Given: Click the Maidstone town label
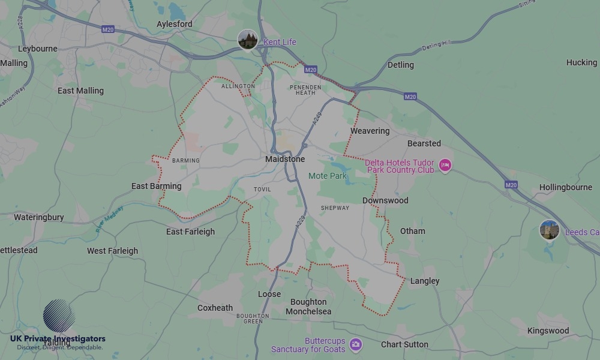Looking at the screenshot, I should [285, 159].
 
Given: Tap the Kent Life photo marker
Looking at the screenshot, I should [248, 40].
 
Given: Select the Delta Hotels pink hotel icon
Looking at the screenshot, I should [445, 165].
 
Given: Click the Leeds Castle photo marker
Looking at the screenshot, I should [549, 230].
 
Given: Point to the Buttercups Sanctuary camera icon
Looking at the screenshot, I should [356, 344].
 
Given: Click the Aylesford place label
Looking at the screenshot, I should [175, 24].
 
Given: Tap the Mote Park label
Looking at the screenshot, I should [328, 176].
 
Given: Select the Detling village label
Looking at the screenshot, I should [400, 65].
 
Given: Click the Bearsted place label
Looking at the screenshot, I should [424, 143].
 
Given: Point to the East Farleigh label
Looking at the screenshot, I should [190, 232].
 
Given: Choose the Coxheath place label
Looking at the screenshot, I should [215, 308].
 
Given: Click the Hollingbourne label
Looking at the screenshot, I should [565, 187].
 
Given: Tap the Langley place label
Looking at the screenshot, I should [425, 281].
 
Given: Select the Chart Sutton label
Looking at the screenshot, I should [404, 344].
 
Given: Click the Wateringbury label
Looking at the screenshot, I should [38, 217].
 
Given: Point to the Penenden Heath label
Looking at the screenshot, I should [305, 89].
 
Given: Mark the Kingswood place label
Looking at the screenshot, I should [548, 331].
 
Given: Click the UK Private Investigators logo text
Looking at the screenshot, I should [58, 339].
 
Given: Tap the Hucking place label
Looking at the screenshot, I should [581, 62].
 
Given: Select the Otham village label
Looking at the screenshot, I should [412, 231].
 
